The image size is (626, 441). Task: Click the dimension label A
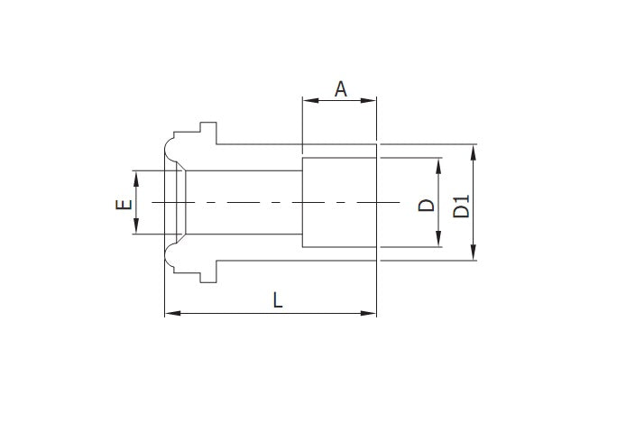340,88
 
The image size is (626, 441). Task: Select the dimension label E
124,204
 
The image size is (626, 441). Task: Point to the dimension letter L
278,300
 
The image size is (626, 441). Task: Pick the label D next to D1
427,205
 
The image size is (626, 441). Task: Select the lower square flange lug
208,273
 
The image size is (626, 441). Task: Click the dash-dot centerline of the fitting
271,203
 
